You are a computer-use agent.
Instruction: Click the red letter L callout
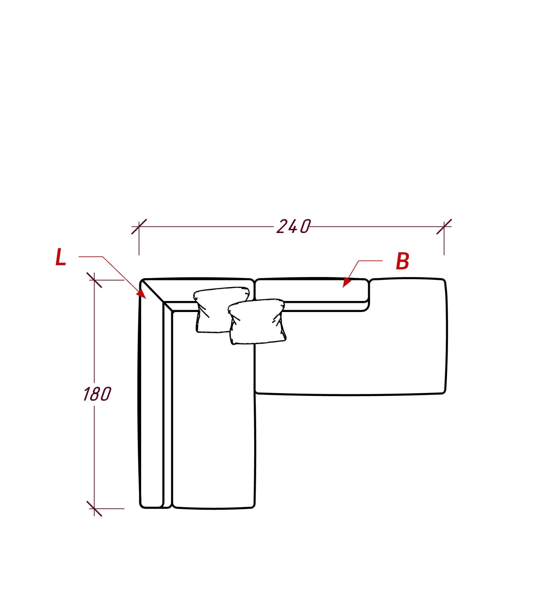tap(60, 257)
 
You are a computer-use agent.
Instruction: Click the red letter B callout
tap(402, 261)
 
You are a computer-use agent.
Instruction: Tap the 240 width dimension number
tap(293, 227)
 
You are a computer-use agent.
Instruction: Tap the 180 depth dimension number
tap(97, 394)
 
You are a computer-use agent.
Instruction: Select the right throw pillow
tap(257, 322)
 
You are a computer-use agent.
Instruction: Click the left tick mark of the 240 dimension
tap(139, 227)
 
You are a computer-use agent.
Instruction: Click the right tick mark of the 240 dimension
tap(444, 227)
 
